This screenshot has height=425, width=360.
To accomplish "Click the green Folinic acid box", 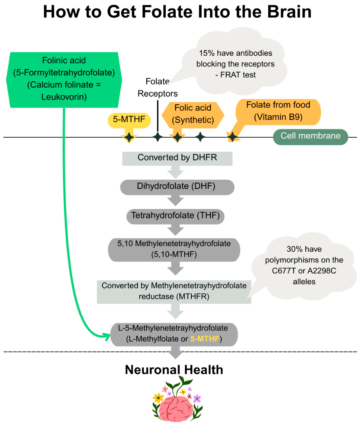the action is point(64,80).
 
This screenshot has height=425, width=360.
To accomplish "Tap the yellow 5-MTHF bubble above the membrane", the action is point(129,120).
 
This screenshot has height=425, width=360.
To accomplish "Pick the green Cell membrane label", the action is point(310,137).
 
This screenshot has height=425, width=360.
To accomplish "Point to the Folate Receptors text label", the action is point(158,87).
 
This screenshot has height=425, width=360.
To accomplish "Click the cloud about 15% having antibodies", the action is point(235,63).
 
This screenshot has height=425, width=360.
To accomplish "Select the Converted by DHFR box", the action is point(177,158).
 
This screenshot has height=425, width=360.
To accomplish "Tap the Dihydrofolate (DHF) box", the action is point(177,187).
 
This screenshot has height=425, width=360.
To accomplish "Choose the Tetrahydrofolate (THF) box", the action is point(175,216).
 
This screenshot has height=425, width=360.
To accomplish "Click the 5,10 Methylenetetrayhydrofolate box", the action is point(174,250).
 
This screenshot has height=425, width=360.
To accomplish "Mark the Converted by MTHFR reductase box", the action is point(174,292).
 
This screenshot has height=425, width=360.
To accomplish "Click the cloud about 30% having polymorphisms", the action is point(304,266).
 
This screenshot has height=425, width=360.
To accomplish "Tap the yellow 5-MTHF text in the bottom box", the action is point(205,339).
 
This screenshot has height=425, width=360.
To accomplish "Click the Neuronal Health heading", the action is point(174,370).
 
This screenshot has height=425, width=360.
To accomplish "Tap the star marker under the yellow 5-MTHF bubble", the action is point(129,137).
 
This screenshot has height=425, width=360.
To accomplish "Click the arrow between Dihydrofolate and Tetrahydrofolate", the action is point(175,201).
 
